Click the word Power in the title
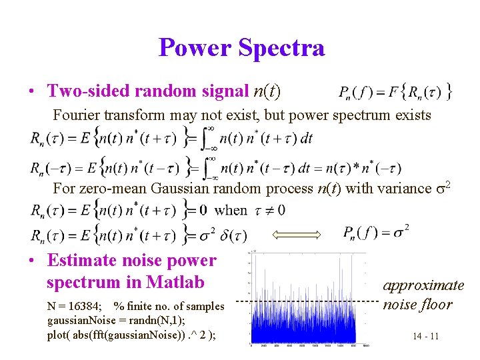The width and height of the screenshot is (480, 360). point(194,47)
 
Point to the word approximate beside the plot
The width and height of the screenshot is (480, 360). point(423,285)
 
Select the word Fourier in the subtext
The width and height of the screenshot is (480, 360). point(75,115)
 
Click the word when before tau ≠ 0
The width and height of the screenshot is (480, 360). point(231,210)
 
